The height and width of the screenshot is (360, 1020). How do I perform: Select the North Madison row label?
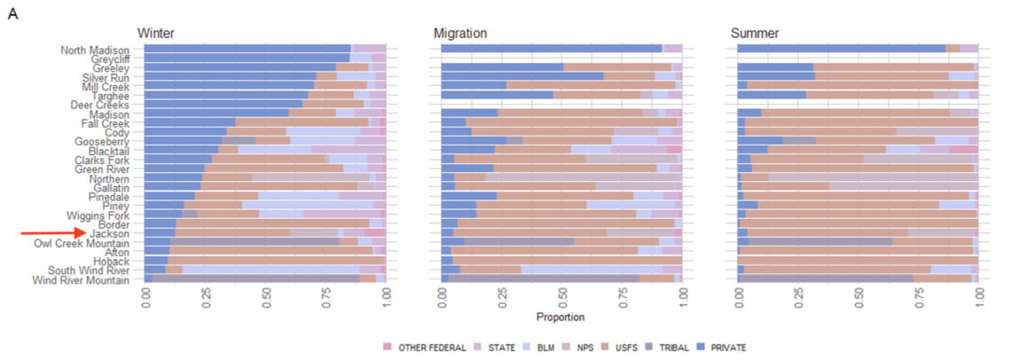click(x=95, y=50)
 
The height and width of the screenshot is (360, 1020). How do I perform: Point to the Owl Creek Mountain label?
click(x=82, y=243)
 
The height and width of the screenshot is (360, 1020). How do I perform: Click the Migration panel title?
click(x=460, y=33)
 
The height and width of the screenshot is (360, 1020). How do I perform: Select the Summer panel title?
click(x=755, y=33)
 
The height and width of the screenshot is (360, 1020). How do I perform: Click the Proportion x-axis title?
click(x=561, y=317)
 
